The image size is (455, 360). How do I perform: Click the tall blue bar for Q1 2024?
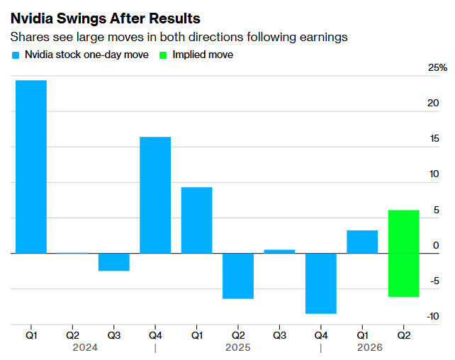(31, 167)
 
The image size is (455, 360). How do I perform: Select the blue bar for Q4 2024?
(155, 195)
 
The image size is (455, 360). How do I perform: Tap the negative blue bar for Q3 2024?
(114, 261)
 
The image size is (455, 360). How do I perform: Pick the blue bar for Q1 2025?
(196, 220)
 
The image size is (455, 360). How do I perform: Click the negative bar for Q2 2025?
(238, 276)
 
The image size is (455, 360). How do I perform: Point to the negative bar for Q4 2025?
(321, 283)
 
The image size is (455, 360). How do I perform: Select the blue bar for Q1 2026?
(362, 242)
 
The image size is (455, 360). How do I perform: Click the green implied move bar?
(404, 253)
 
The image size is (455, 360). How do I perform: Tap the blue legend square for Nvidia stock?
(16, 55)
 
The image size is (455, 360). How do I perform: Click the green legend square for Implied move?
(162, 55)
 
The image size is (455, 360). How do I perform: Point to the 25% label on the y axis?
(438, 68)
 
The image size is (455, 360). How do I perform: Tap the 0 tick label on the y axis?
(436, 245)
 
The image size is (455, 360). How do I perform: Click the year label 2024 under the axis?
(85, 347)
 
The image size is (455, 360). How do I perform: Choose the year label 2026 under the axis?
(370, 347)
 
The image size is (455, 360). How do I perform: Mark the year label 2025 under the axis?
(238, 347)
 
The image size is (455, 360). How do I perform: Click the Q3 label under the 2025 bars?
(279, 334)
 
